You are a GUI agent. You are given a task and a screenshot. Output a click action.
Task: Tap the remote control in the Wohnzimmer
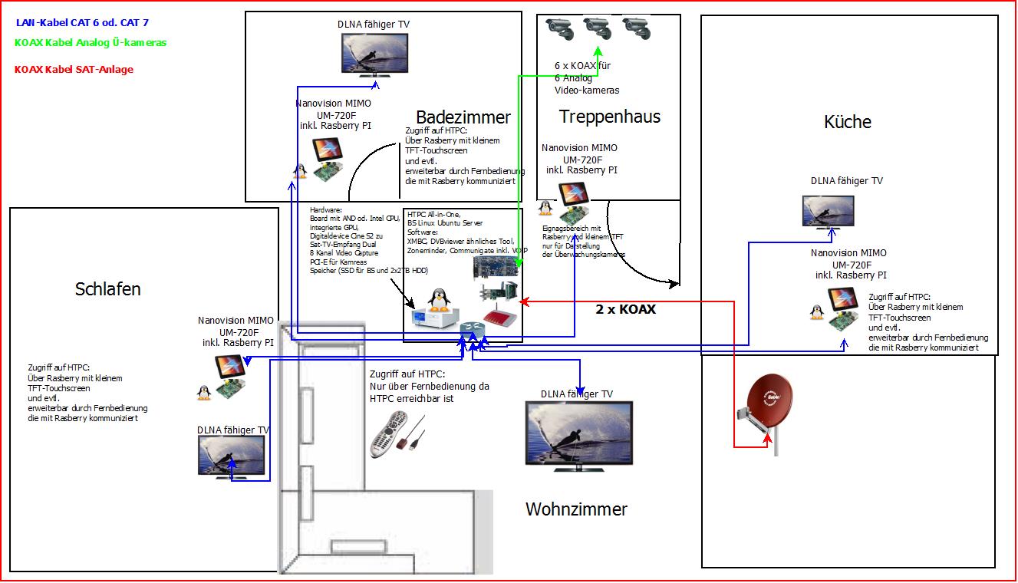click(389, 433)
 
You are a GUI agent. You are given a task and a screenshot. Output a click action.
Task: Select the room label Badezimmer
click(463, 117)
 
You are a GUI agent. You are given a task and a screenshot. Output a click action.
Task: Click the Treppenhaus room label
click(609, 117)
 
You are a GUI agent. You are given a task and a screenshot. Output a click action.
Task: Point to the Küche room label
click(848, 122)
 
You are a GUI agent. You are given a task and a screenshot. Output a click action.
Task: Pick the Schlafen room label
click(108, 289)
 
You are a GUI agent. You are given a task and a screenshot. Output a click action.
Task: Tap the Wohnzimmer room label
click(576, 509)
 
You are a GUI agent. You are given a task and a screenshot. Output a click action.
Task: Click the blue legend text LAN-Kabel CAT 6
click(82, 23)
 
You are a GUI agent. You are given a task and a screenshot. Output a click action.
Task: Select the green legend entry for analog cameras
click(90, 43)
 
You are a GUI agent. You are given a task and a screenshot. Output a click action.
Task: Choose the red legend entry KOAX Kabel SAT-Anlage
click(74, 70)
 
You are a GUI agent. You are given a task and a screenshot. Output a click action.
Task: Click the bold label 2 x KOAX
click(625, 310)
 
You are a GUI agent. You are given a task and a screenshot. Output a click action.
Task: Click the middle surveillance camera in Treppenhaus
click(598, 30)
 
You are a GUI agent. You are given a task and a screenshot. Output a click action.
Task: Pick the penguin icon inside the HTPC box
click(438, 301)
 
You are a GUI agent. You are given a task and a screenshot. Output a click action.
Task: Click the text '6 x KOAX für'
click(583, 66)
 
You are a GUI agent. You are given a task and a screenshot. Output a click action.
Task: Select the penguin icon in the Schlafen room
click(204, 392)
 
